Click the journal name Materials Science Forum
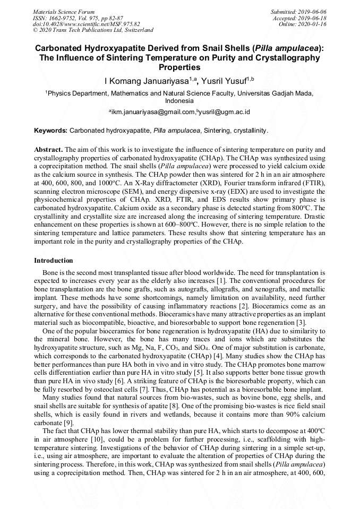click(64, 12)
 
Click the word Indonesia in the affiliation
click(179, 100)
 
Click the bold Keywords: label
click(50, 130)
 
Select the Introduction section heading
click(54, 261)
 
